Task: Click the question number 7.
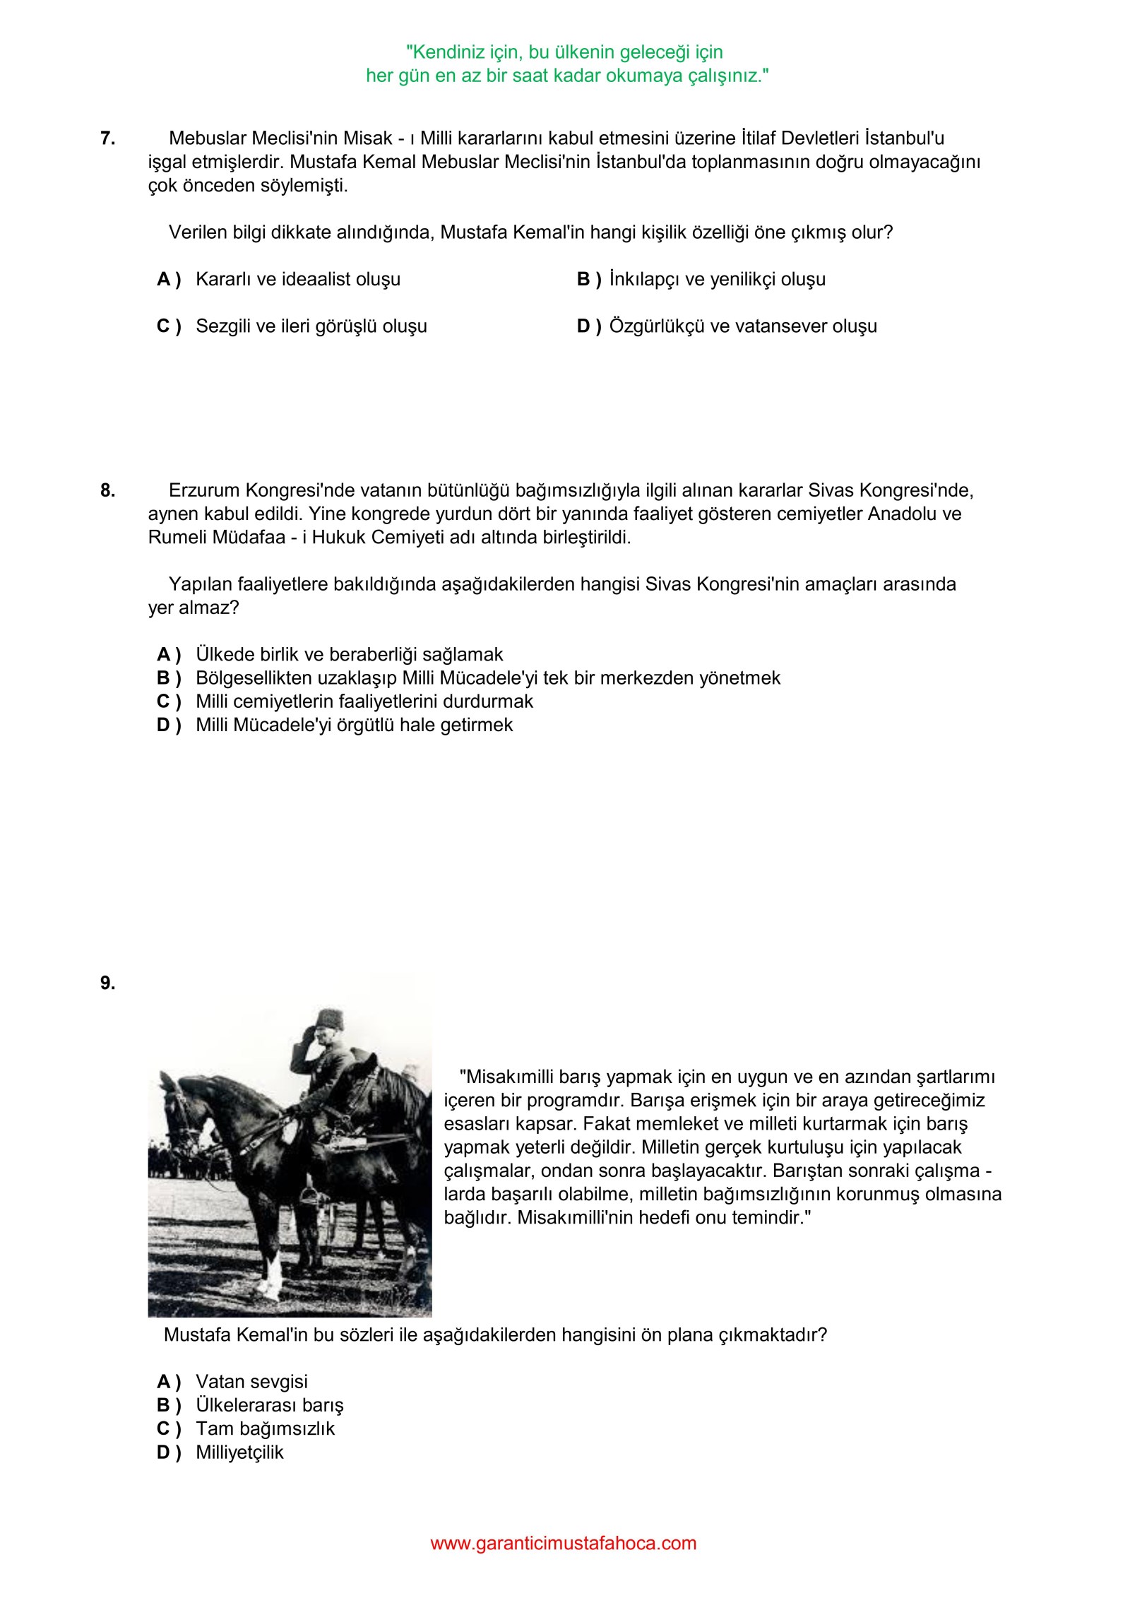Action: pyautogui.click(x=107, y=138)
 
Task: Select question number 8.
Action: pyautogui.click(x=107, y=490)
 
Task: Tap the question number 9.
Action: pyautogui.click(x=107, y=983)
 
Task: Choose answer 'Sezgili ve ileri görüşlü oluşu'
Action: pyautogui.click(x=311, y=326)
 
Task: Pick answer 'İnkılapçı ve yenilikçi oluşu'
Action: pyautogui.click(x=717, y=280)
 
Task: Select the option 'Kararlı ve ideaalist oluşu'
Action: pyautogui.click(x=297, y=280)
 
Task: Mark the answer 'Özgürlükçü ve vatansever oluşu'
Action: pyautogui.click(x=743, y=326)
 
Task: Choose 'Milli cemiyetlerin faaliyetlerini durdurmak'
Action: pyautogui.click(x=364, y=702)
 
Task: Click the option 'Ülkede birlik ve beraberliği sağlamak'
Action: pyautogui.click(x=349, y=655)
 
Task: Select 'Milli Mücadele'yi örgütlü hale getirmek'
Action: pyautogui.click(x=354, y=725)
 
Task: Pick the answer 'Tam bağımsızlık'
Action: pyautogui.click(x=265, y=1428)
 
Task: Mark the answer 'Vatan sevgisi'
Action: pyautogui.click(x=251, y=1382)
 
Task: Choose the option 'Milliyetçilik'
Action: pyautogui.click(x=239, y=1452)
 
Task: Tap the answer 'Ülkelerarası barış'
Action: pyautogui.click(x=269, y=1405)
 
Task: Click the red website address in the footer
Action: pyautogui.click(x=564, y=1543)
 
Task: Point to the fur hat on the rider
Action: pyautogui.click(x=328, y=1018)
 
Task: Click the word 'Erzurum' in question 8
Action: pyautogui.click(x=203, y=490)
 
